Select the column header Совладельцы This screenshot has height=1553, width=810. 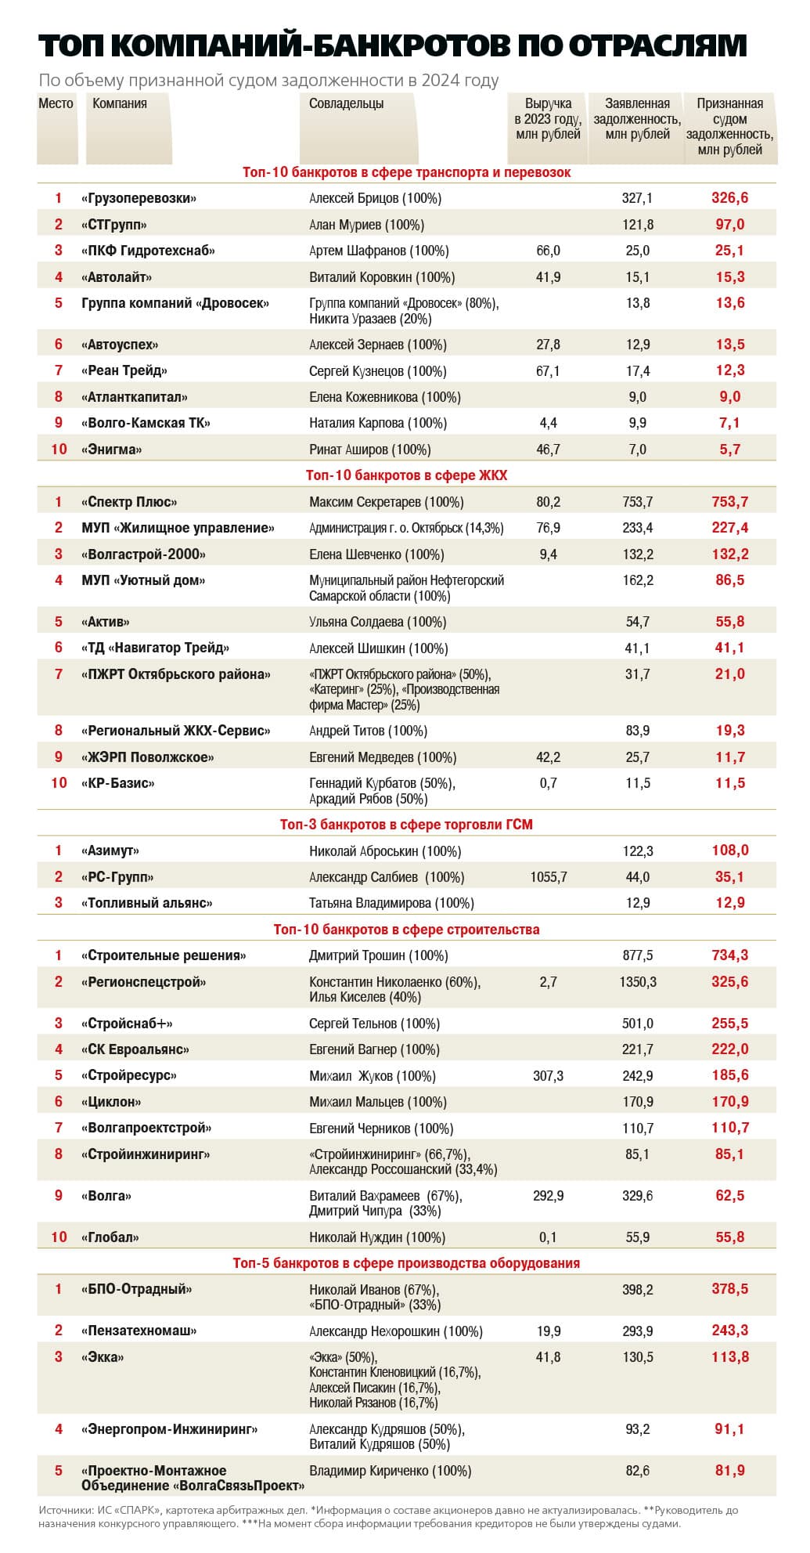[x=346, y=103]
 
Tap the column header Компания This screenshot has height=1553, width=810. [x=120, y=103]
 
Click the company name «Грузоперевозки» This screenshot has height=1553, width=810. [x=139, y=199]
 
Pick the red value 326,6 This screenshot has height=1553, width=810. [x=729, y=198]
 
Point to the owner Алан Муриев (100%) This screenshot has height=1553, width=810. [x=366, y=225]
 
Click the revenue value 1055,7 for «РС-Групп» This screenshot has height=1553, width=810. [x=549, y=877]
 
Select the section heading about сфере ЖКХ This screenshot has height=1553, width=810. [x=406, y=475]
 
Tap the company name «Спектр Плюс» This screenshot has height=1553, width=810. [x=129, y=502]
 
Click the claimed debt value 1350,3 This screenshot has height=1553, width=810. [x=637, y=982]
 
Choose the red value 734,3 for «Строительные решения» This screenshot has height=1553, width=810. [x=729, y=955]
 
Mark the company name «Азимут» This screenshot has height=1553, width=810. [x=110, y=851]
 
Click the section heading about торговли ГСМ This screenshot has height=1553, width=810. [x=406, y=825]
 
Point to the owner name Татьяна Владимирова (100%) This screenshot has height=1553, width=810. [x=391, y=904]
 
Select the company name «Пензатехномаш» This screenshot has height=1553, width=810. [x=139, y=1331]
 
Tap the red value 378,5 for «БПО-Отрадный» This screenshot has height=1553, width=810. [x=729, y=1289]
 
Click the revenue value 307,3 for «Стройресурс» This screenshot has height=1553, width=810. [x=548, y=1076]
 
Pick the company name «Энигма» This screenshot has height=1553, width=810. [x=111, y=450]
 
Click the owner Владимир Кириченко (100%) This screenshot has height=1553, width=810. [x=391, y=1472]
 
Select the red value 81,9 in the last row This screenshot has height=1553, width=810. [x=729, y=1471]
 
